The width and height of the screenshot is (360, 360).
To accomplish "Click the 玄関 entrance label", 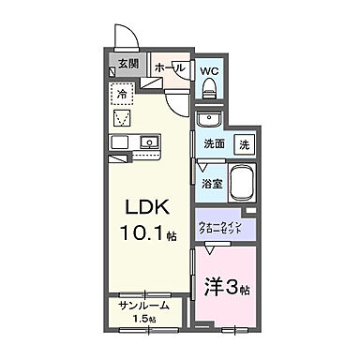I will click(128, 64).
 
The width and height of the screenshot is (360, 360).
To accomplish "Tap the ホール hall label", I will click(169, 67).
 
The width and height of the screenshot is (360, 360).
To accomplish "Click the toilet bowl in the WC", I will click(209, 89).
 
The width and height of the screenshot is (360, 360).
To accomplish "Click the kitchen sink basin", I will click(147, 142).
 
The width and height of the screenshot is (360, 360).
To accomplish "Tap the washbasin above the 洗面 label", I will click(209, 120).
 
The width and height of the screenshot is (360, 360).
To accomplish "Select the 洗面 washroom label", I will click(216, 144).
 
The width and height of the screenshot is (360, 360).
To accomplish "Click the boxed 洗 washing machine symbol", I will click(243, 144).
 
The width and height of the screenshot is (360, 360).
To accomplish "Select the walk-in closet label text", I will click(222, 226).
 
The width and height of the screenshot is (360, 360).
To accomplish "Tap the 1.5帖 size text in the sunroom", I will click(145, 321).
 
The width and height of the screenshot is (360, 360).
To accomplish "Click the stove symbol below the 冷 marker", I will click(122, 117).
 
